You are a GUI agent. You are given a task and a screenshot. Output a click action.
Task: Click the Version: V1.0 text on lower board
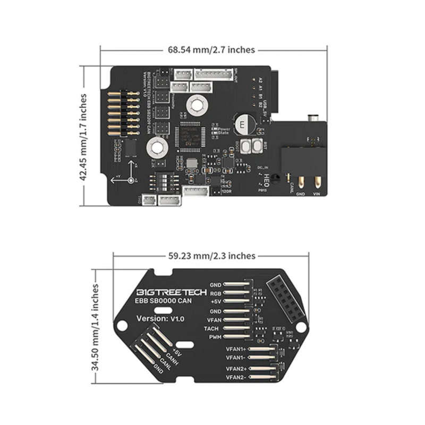(160, 318)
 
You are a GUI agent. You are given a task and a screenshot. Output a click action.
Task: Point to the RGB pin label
(215, 293)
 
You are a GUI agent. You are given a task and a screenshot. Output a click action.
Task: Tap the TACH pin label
(212, 328)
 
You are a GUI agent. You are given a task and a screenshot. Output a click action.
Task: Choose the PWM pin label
(214, 337)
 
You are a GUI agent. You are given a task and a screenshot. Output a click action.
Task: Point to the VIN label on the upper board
(317, 194)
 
